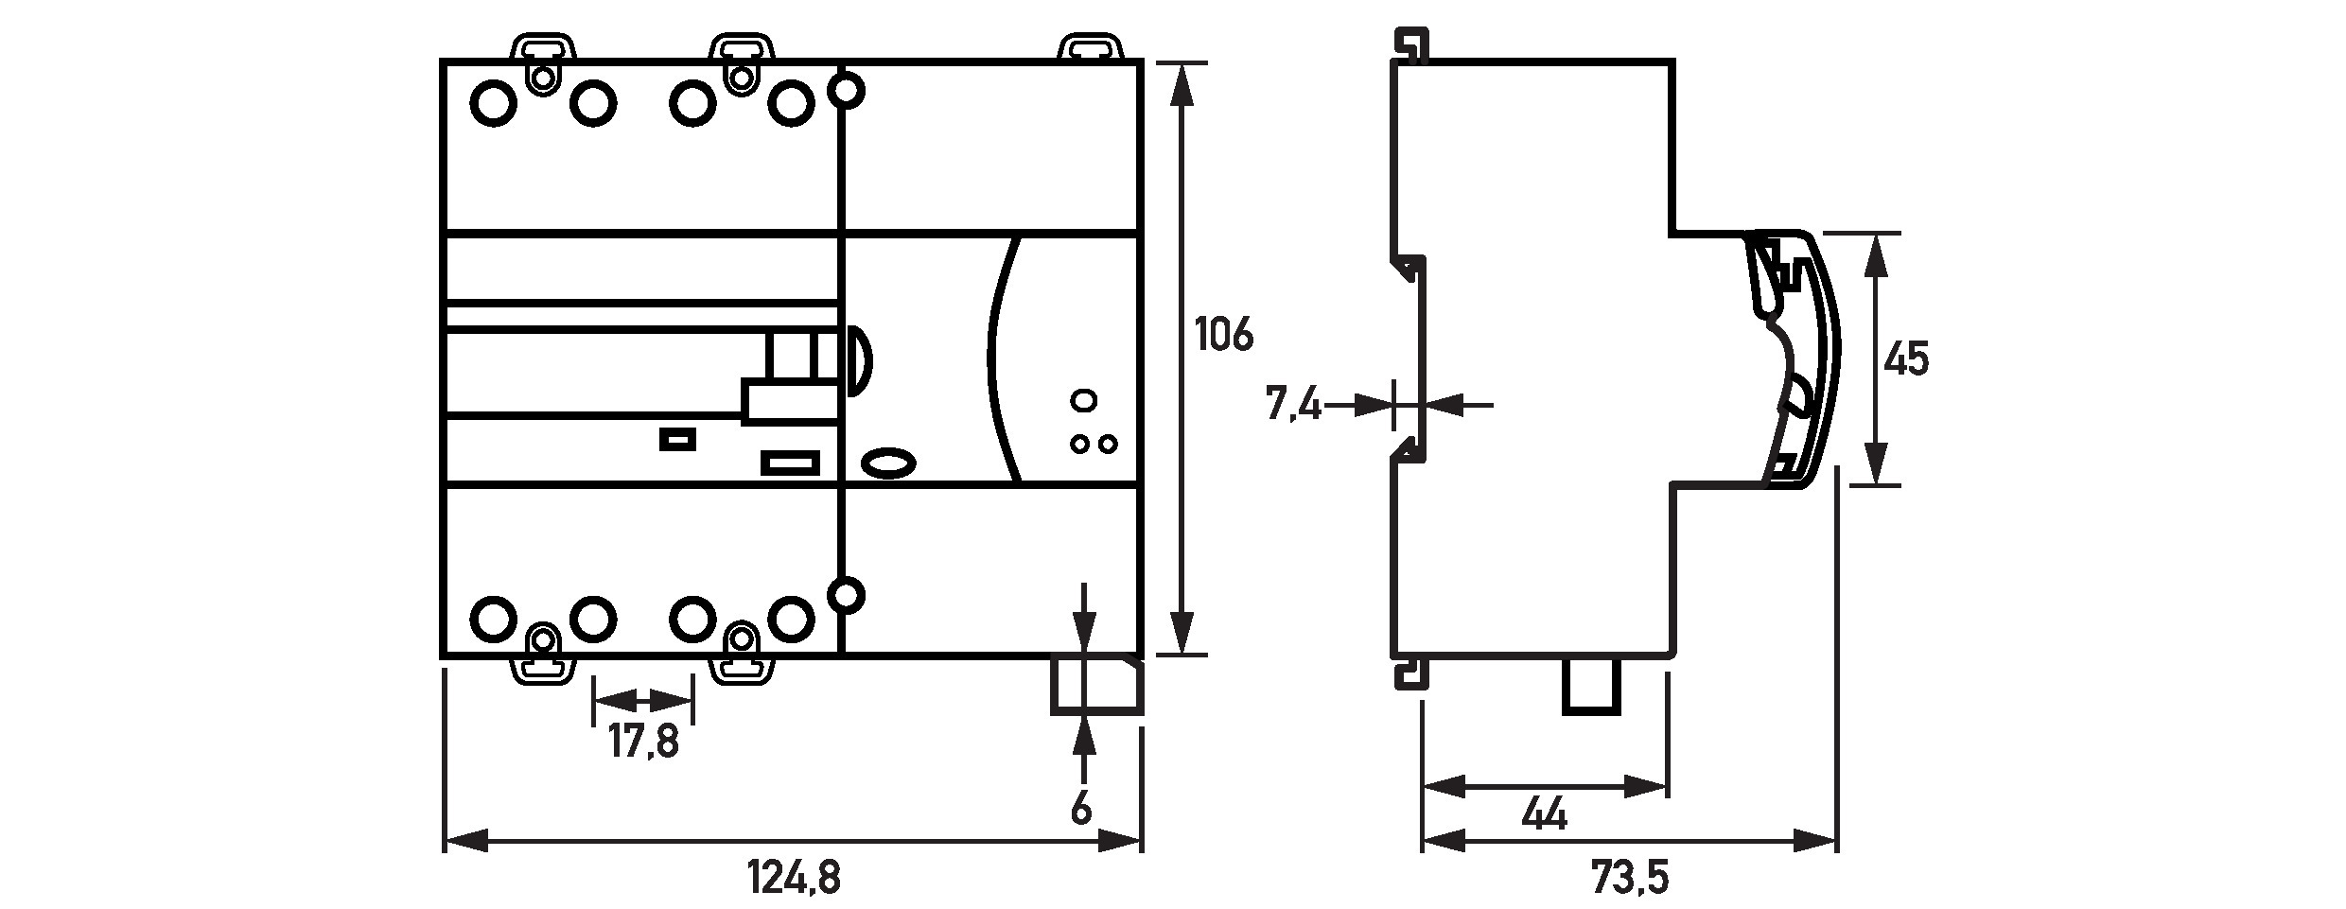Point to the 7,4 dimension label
point(1293,405)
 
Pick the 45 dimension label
point(1906,359)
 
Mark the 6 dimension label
point(1080,808)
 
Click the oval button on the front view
point(888,462)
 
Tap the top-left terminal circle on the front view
point(493,104)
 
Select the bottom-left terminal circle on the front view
point(493,620)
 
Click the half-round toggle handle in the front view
point(856,360)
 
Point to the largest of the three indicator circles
point(1082,400)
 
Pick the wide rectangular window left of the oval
point(790,462)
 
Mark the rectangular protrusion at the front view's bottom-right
point(1097,686)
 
